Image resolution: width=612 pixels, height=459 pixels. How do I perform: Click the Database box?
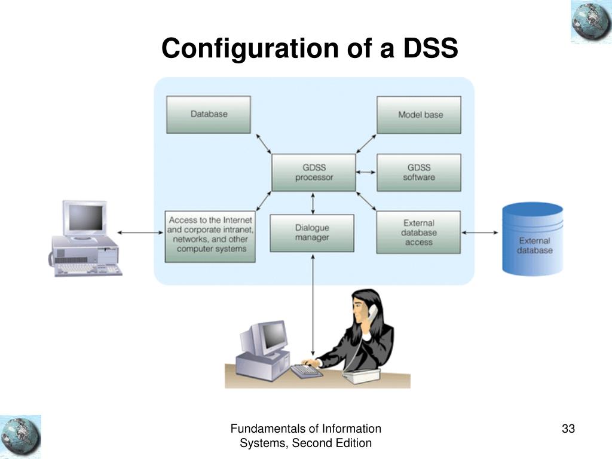209,114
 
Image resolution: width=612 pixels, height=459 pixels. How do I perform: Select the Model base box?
419,114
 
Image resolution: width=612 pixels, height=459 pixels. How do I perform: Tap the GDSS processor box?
314,172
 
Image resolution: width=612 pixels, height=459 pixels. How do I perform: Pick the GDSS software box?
419,172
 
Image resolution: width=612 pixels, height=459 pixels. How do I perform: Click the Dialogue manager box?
312,232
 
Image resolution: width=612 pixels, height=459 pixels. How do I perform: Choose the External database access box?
418,232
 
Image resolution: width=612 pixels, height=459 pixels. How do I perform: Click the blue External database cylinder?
533,238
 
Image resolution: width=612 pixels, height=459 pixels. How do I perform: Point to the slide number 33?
568,429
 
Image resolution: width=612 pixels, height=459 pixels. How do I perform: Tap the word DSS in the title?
430,48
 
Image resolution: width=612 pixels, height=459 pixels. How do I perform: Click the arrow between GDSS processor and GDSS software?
366,173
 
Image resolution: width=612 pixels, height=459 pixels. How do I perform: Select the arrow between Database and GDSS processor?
261,144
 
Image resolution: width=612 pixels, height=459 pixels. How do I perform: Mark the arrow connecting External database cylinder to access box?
481,232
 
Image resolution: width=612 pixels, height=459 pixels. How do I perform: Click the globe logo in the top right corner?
590,22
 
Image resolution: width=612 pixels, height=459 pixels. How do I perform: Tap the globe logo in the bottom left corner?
21,436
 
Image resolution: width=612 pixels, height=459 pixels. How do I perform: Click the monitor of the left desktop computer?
85,219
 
